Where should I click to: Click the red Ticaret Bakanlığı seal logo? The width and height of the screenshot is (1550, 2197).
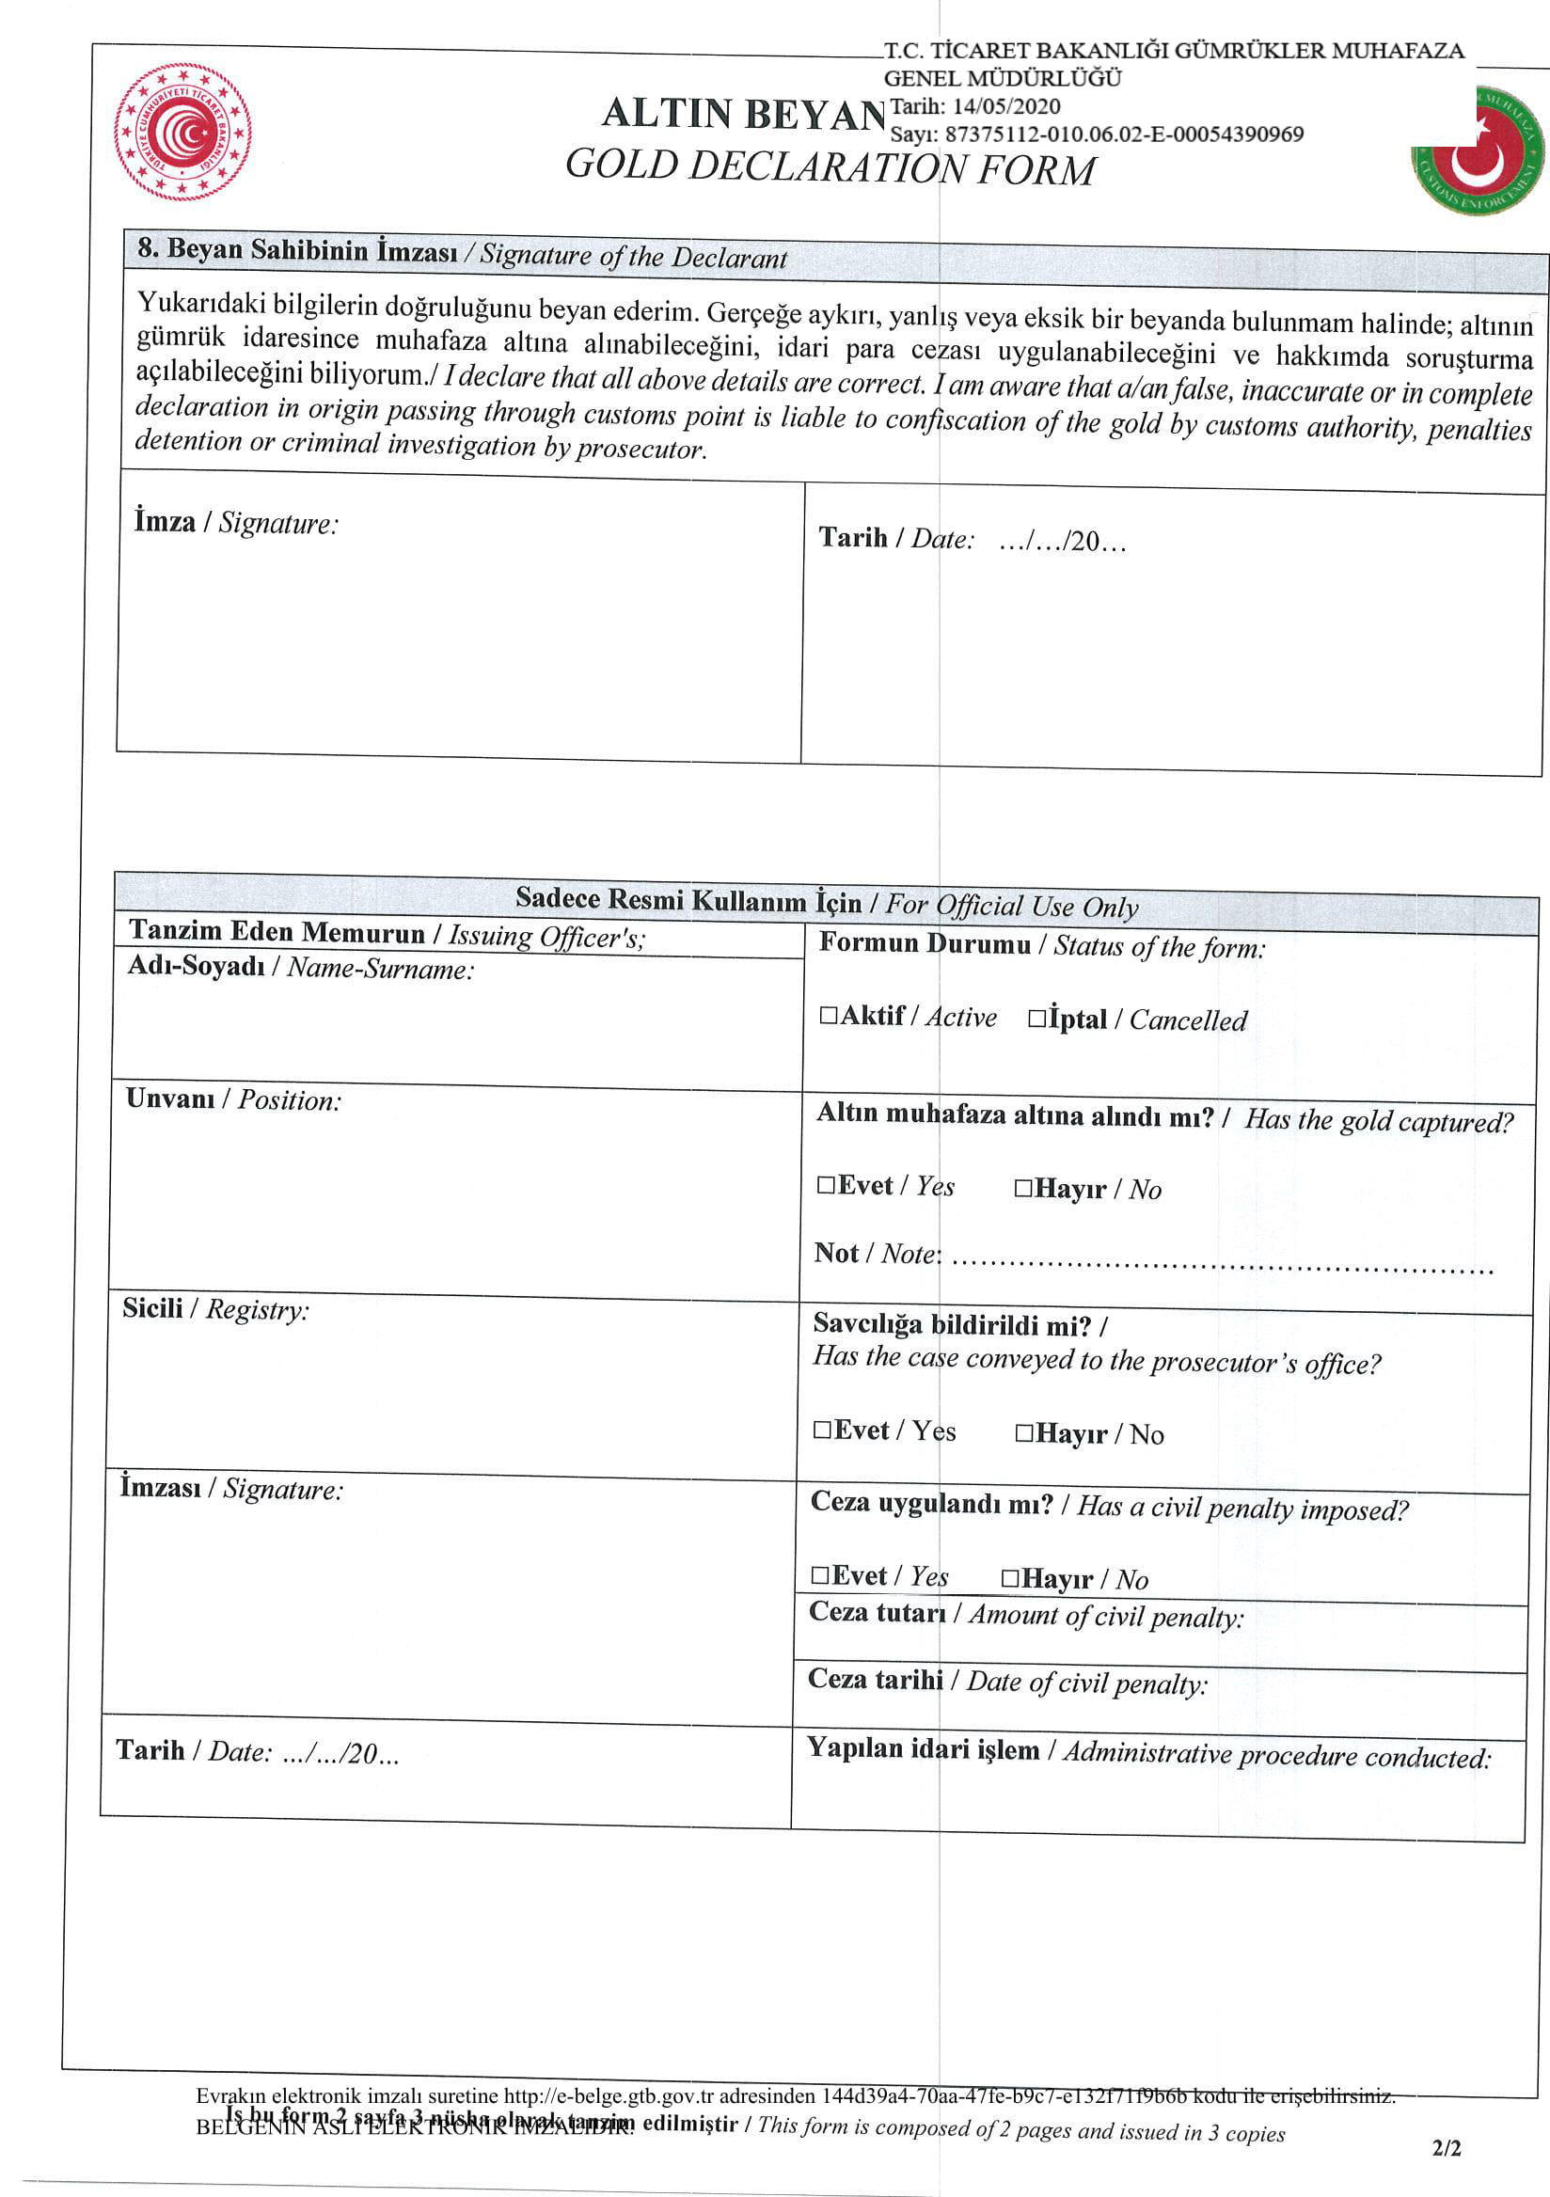point(182,132)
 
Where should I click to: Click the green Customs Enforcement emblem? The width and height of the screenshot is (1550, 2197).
point(1479,151)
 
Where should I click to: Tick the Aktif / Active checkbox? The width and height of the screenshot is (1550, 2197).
point(828,1015)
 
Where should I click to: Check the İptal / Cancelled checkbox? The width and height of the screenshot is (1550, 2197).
point(1037,1019)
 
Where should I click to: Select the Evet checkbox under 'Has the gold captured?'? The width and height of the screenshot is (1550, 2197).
point(826,1185)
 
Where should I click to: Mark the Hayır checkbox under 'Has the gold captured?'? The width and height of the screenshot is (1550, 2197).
point(1022,1189)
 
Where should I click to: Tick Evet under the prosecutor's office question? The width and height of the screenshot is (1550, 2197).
point(822,1430)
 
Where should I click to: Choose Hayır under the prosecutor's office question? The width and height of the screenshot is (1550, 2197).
point(1023,1432)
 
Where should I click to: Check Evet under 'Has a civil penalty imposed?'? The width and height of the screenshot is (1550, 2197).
point(820,1575)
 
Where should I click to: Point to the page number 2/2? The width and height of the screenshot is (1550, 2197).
point(1447,2148)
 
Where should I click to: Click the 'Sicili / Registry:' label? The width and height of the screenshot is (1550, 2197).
point(215,1308)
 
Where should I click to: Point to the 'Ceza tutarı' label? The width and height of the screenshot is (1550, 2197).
point(877,1612)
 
